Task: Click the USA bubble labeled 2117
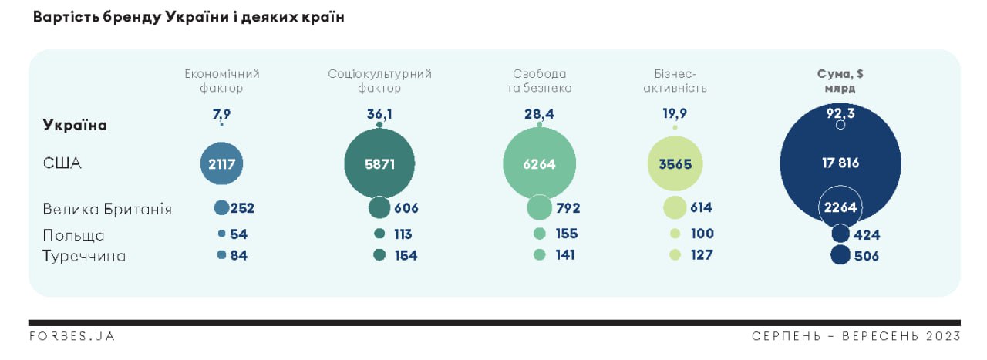222,163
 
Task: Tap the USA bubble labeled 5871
379,163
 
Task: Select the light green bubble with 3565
675,163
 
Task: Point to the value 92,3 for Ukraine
840,113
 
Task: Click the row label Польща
73,235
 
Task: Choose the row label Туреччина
84,256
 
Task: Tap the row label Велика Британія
107,210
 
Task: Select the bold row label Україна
75,126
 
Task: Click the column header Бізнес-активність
675,81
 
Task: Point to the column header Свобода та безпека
539,81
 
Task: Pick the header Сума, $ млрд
840,81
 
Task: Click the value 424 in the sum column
867,235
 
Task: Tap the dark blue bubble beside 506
840,255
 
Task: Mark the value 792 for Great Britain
568,208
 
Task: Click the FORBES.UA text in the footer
72,336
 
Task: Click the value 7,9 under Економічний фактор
221,114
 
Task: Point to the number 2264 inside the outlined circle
840,207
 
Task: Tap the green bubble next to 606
379,208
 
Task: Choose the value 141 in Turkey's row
566,255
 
